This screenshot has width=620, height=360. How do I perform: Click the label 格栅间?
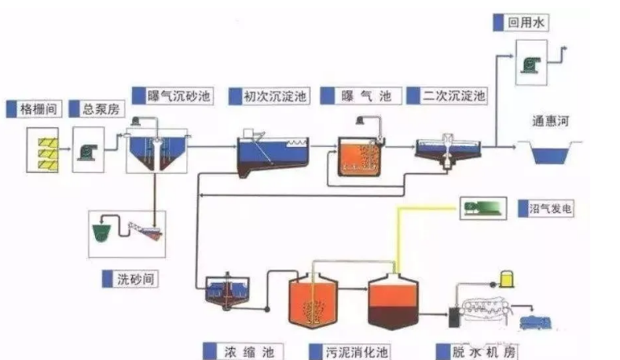click(x=38, y=109)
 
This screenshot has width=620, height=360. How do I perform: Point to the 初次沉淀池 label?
click(x=270, y=96)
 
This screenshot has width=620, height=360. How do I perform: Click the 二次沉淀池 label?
click(x=449, y=96)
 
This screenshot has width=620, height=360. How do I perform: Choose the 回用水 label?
click(x=525, y=22)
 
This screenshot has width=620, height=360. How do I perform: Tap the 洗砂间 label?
click(x=133, y=278)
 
